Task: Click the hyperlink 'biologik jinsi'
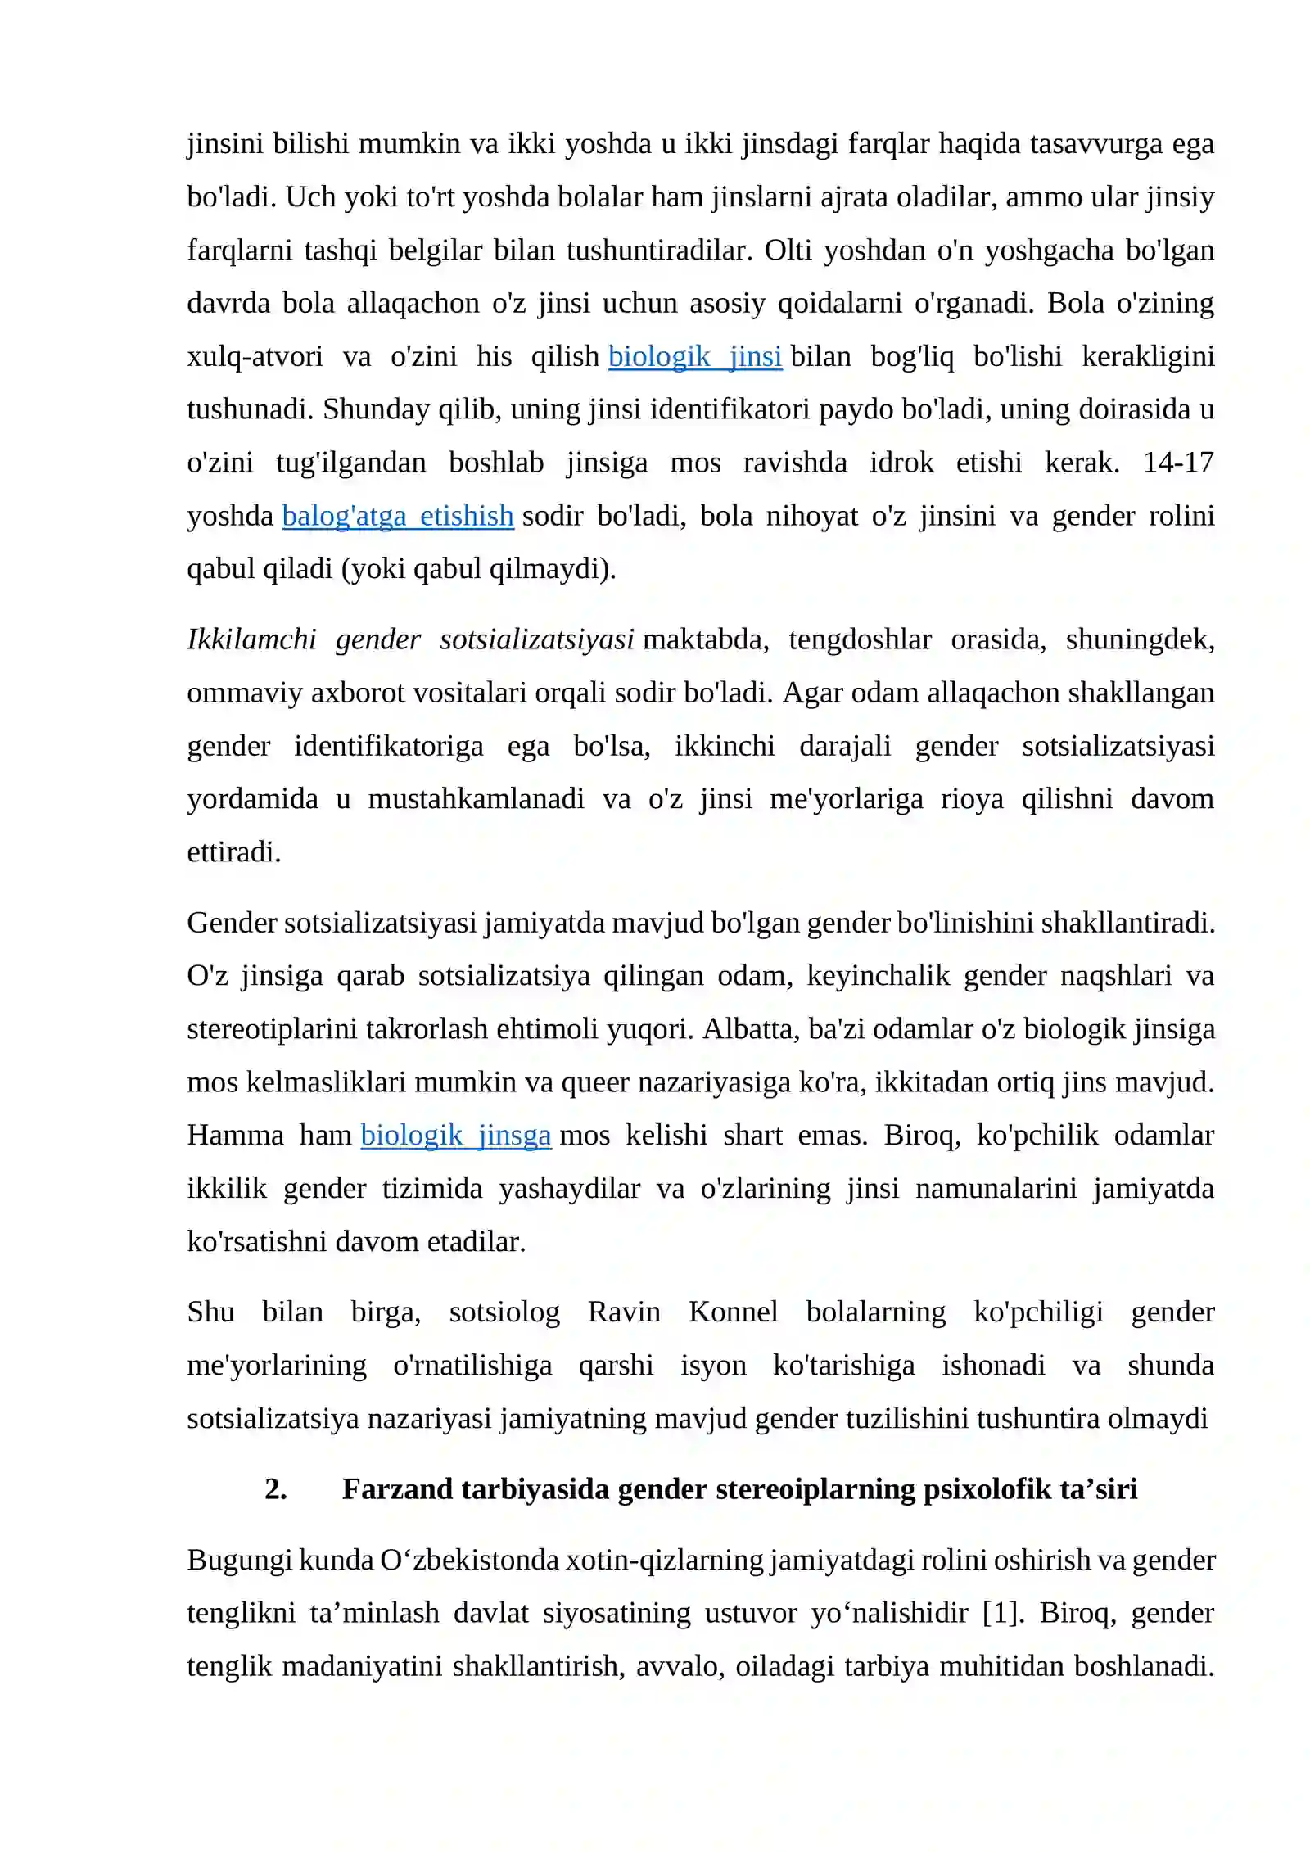[694, 357]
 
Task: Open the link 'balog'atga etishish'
[398, 516]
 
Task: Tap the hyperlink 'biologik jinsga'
[455, 1135]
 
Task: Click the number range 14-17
[1177, 463]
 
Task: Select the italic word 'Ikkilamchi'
[251, 639]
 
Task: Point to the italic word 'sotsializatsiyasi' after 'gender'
[536, 639]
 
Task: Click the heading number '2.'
[276, 1488]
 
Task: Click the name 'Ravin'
[624, 1312]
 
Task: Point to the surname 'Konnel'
[733, 1312]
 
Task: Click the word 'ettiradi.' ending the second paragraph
[234, 852]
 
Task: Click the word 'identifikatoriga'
[388, 746]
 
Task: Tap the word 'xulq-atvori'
[255, 357]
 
